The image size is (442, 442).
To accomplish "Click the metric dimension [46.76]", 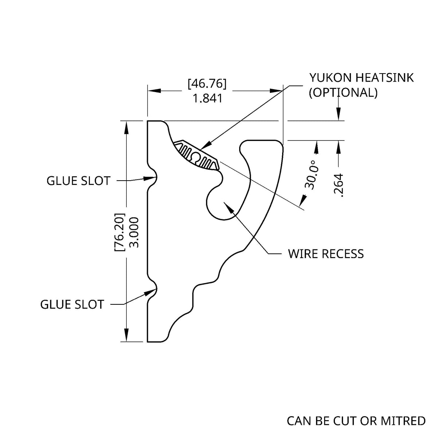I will tap(207, 83).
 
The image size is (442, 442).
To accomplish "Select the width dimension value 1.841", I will tap(207, 98).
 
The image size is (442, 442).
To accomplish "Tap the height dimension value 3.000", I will tap(134, 232).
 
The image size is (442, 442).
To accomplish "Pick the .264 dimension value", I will tap(339, 185).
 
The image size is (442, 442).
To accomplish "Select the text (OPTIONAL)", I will tap(343, 92).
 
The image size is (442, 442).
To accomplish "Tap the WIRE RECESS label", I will tap(326, 254).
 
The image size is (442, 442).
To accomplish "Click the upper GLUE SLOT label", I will tap(78, 181).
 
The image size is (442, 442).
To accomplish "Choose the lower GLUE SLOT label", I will tap(72, 304).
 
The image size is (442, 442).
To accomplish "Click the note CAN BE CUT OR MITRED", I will tap(356, 421).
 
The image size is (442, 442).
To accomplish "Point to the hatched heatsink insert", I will tap(197, 157).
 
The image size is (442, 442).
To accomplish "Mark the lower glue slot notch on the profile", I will tap(154, 290).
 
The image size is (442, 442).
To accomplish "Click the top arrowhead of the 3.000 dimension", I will tap(126, 126).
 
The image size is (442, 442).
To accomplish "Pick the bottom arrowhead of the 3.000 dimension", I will tap(126, 336).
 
